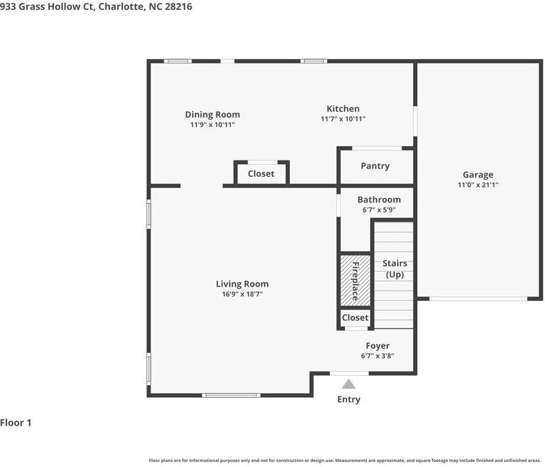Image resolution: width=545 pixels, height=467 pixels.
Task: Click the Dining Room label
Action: click(x=212, y=115)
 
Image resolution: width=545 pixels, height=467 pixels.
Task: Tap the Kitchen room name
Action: click(x=343, y=109)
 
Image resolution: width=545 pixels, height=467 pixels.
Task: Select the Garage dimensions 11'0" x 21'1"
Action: click(x=478, y=185)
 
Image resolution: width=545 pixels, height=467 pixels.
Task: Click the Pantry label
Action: click(x=375, y=166)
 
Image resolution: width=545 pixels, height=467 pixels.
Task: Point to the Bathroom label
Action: click(x=379, y=200)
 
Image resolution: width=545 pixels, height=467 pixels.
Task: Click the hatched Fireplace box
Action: click(x=355, y=281)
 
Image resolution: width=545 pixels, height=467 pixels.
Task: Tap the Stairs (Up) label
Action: click(x=394, y=269)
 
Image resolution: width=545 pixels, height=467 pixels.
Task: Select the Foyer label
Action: click(x=377, y=346)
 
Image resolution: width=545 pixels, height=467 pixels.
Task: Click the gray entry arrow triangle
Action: click(x=349, y=384)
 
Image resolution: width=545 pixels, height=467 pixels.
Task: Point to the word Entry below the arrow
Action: click(x=349, y=399)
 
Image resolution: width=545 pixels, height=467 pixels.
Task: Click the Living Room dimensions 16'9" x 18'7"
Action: click(x=242, y=294)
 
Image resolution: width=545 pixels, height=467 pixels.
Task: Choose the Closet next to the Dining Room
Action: click(x=261, y=173)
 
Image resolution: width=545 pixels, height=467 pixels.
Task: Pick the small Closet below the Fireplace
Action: click(x=355, y=317)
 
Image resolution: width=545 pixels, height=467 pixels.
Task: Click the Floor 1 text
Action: click(x=16, y=423)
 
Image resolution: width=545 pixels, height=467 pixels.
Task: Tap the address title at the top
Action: click(x=96, y=6)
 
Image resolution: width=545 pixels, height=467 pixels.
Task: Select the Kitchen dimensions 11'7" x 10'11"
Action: click(x=343, y=119)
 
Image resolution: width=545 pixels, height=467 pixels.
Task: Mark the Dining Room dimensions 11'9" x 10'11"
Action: click(x=212, y=125)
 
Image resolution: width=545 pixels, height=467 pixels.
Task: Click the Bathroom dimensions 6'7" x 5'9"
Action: click(x=379, y=210)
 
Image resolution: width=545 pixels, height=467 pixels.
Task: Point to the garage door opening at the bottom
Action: click(x=478, y=298)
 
